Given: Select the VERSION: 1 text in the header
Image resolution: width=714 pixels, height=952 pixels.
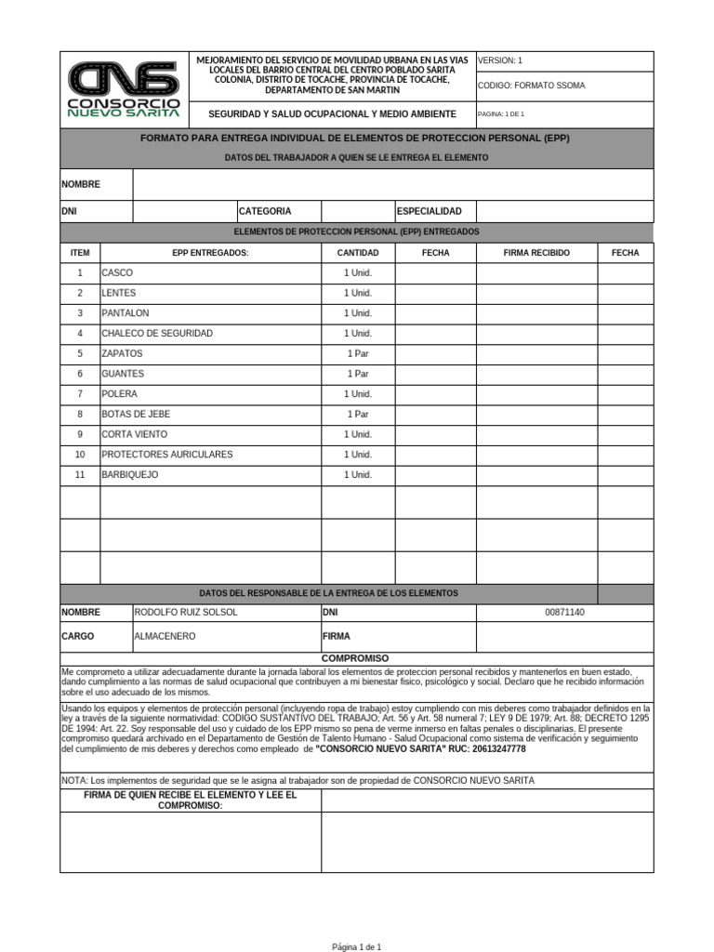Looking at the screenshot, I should (x=500, y=60).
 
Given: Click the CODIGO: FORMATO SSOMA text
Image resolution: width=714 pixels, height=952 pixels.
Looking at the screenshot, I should (x=531, y=86).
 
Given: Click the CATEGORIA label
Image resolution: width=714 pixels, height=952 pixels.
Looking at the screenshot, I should (x=265, y=212).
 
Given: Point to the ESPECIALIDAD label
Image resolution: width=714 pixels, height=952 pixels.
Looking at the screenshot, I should (x=429, y=212).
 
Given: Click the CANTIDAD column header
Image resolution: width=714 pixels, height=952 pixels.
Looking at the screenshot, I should (x=357, y=253).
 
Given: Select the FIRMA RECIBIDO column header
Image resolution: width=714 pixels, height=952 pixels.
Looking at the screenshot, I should (x=536, y=253).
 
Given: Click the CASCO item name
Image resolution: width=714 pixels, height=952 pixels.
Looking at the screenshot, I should (x=117, y=273).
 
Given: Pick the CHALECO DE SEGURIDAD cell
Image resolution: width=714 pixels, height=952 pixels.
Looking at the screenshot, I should (x=157, y=334).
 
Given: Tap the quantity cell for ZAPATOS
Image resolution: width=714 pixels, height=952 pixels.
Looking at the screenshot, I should (x=357, y=354).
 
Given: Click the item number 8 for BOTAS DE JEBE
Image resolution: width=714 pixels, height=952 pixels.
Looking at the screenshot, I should (x=80, y=415).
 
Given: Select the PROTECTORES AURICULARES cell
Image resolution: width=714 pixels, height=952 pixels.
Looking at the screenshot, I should (x=167, y=455).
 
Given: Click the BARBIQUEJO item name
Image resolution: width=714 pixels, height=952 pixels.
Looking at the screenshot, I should (x=130, y=475).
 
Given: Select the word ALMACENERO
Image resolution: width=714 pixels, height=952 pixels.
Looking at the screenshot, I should (x=165, y=637).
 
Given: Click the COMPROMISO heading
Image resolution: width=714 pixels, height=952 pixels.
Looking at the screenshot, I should (x=356, y=658).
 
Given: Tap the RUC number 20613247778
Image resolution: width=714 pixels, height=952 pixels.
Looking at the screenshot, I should (x=486, y=749).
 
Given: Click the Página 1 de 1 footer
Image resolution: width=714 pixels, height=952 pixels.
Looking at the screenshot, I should (x=357, y=946).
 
